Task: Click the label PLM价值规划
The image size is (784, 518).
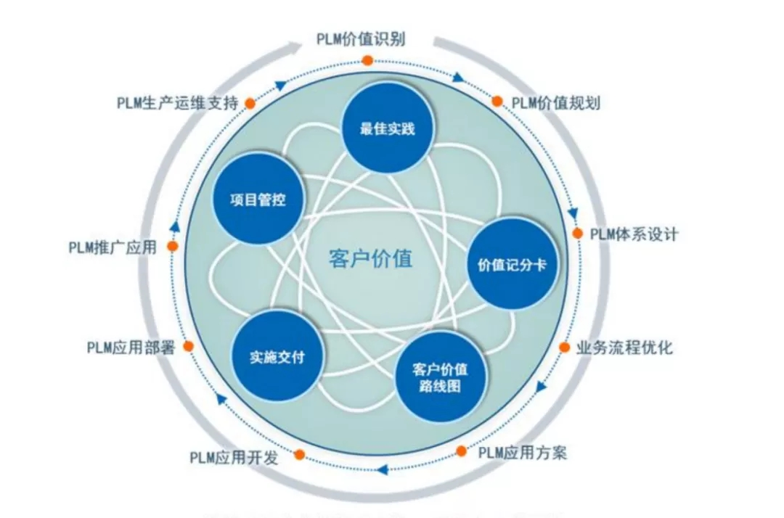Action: pyautogui.click(x=556, y=102)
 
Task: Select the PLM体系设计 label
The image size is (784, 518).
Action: pyautogui.click(x=634, y=234)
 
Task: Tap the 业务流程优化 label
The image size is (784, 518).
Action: pyautogui.click(x=624, y=348)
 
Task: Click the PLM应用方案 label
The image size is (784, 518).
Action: pyautogui.click(x=523, y=453)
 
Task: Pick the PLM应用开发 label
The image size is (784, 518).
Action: pyautogui.click(x=234, y=458)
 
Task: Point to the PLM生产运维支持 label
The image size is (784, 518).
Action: pyautogui.click(x=177, y=103)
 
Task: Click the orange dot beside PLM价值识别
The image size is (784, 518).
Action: pyautogui.click(x=368, y=60)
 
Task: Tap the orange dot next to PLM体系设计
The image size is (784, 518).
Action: pyautogui.click(x=578, y=234)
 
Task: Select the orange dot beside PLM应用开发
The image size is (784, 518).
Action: pyautogui.click(x=299, y=455)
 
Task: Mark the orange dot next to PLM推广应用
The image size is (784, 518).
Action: pyautogui.click(x=173, y=247)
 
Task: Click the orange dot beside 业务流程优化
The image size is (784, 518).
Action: pyautogui.click(x=564, y=348)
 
